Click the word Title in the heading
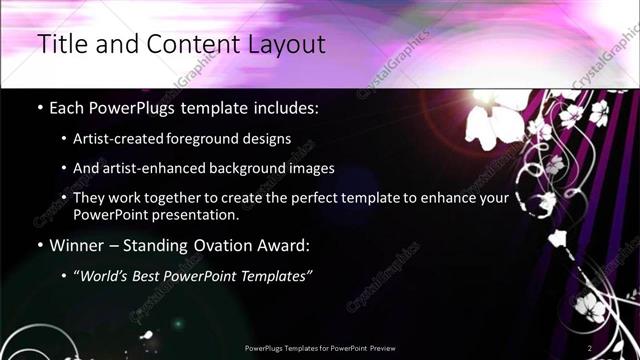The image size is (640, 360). point(62,44)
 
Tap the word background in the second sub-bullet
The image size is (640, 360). point(261,168)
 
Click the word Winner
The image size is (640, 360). point(78,244)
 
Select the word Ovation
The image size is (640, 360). point(227,244)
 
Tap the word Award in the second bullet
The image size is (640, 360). point(289,244)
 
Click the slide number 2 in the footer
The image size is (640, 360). point(590,348)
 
